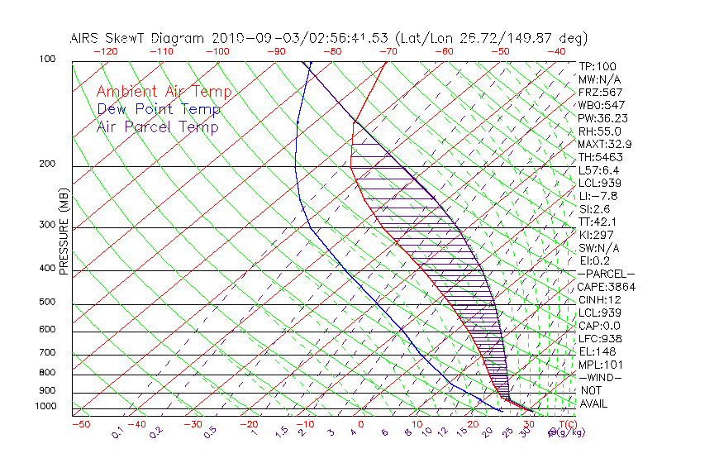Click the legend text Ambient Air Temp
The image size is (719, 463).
164,93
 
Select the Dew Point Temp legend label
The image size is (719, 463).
159,110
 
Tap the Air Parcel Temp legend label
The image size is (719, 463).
157,127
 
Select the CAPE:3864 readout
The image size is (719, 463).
605,287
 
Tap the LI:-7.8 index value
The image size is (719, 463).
598,196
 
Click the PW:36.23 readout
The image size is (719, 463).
603,118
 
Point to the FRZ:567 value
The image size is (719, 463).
601,93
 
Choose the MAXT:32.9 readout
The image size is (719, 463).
605,145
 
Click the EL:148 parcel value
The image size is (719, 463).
598,351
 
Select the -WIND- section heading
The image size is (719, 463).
600,378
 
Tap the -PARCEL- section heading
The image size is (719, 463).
606,274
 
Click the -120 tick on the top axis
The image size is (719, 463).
105,51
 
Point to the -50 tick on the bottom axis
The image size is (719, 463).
80,425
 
